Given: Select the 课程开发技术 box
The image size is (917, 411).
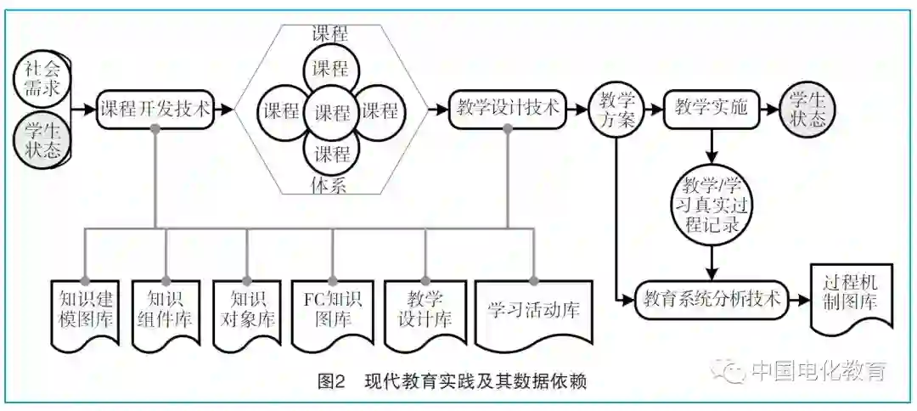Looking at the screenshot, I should pyautogui.click(x=155, y=110).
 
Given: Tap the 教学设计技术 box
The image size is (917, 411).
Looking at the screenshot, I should pyautogui.click(x=507, y=110).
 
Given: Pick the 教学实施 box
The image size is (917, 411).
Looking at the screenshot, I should pyautogui.click(x=711, y=110).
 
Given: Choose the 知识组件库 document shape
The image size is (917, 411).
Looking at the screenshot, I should pyautogui.click(x=166, y=312).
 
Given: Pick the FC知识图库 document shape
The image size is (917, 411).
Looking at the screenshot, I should pyautogui.click(x=332, y=312).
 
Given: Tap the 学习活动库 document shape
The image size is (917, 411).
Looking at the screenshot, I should pyautogui.click(x=533, y=310).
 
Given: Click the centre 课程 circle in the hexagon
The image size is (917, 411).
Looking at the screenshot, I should pyautogui.click(x=332, y=110).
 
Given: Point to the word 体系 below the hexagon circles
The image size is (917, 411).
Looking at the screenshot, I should pyautogui.click(x=331, y=186).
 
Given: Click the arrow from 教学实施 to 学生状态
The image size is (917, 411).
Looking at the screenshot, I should pyautogui.click(x=770, y=110).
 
